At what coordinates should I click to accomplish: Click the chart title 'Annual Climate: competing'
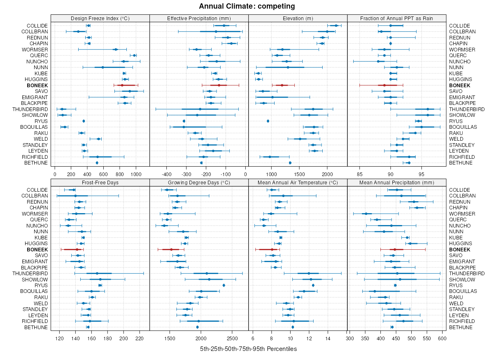247,6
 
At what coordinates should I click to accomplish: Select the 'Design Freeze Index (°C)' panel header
100,18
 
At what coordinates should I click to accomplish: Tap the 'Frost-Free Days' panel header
100,182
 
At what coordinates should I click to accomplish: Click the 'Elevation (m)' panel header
298,18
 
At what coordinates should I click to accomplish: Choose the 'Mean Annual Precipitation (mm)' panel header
396,182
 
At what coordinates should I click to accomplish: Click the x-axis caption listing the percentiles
248,349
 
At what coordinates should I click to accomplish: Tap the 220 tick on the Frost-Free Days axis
140,339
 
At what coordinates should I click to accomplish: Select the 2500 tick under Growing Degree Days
232,339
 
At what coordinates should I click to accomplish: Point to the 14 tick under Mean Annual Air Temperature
328,339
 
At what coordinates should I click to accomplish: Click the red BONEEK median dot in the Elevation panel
282,85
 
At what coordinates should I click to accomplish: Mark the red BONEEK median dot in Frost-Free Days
77,249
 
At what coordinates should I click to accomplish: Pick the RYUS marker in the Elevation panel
268,121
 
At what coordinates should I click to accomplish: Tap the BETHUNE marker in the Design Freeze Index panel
97,163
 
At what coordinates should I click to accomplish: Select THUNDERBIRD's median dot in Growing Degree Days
207,273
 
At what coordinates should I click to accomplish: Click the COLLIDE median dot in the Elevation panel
336,26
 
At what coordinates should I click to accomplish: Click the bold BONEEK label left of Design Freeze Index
37,85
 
